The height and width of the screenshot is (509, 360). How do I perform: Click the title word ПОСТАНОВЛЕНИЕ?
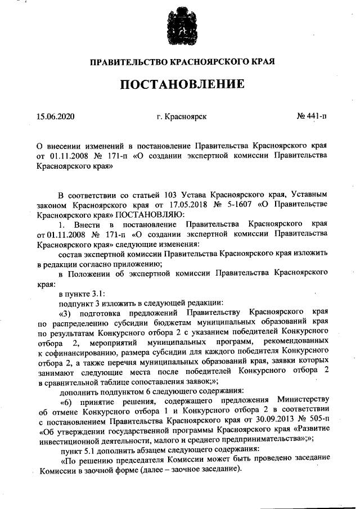tap(181, 84)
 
